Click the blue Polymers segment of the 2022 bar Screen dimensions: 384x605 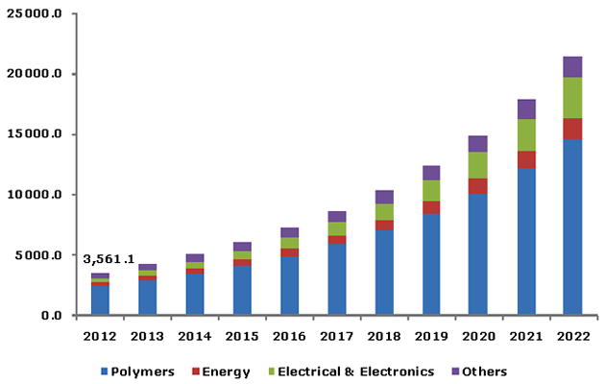pyautogui.click(x=572, y=228)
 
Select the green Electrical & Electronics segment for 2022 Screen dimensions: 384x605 pyautogui.click(x=572, y=98)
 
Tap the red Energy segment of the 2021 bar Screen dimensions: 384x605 pyautogui.click(x=525, y=159)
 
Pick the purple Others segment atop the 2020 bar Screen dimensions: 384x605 pyautogui.click(x=478, y=144)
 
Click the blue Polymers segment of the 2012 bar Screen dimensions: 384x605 pyautogui.click(x=100, y=300)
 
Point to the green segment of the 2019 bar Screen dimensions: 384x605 pyautogui.click(x=431, y=190)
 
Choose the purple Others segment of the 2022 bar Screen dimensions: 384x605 pyautogui.click(x=572, y=66)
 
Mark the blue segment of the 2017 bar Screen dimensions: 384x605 pyautogui.click(x=337, y=279)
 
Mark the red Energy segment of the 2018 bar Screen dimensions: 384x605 pyautogui.click(x=384, y=226)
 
